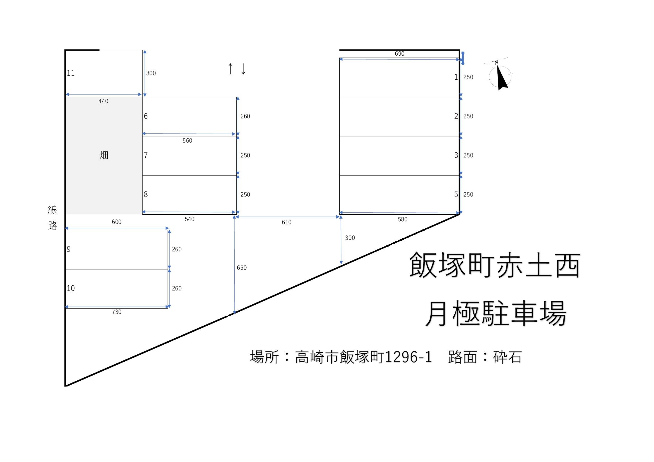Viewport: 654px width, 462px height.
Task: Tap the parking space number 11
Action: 71,73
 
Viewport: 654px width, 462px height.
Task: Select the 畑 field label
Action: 104,155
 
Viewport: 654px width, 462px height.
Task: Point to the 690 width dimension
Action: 399,54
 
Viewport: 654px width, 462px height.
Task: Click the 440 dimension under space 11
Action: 103,101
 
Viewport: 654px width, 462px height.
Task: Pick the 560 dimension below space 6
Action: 187,141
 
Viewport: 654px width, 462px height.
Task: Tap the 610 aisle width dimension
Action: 287,222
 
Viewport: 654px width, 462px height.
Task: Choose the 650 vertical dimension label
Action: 242,267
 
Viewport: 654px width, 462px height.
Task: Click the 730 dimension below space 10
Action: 117,312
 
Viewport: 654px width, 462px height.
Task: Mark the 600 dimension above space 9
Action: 117,222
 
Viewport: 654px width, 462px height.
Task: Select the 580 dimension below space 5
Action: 402,219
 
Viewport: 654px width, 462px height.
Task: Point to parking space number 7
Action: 146,155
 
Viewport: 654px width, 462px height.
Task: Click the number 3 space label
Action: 456,155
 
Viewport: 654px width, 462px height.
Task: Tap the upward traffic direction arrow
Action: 230,69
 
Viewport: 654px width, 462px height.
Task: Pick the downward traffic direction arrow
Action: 243,69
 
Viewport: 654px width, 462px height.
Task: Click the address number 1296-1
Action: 408,357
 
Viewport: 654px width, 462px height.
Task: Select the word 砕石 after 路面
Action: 507,357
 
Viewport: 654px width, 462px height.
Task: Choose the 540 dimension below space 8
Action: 189,219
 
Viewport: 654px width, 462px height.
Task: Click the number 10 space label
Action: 71,288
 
